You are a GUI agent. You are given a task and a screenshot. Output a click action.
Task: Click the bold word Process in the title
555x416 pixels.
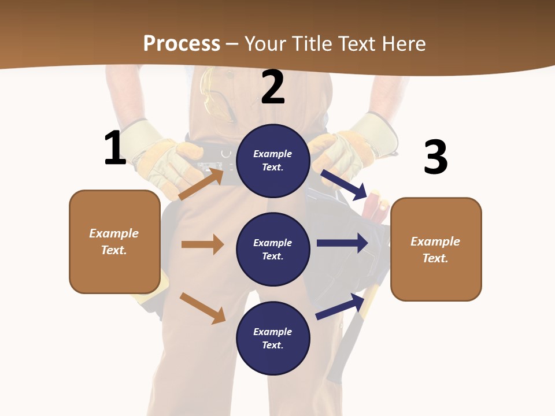(182, 43)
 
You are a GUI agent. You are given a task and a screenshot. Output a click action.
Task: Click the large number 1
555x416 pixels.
(114, 148)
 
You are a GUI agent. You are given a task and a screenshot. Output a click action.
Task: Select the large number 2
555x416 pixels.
(273, 87)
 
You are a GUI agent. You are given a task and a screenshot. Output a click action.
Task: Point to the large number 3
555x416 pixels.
(435, 157)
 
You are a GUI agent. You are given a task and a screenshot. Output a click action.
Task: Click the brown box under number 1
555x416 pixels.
(114, 242)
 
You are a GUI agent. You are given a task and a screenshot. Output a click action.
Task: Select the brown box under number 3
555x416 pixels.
(436, 249)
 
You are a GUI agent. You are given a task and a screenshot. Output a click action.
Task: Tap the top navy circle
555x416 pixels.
(273, 161)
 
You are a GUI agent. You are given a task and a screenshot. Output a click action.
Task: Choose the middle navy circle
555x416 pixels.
(273, 249)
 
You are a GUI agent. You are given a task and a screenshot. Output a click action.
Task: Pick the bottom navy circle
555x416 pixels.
(273, 338)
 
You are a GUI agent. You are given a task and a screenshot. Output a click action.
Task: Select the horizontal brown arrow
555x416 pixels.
(202, 244)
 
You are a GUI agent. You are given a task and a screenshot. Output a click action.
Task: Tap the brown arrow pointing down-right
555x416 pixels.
(203, 308)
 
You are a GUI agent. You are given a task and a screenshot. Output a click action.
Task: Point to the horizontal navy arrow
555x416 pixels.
(342, 243)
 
